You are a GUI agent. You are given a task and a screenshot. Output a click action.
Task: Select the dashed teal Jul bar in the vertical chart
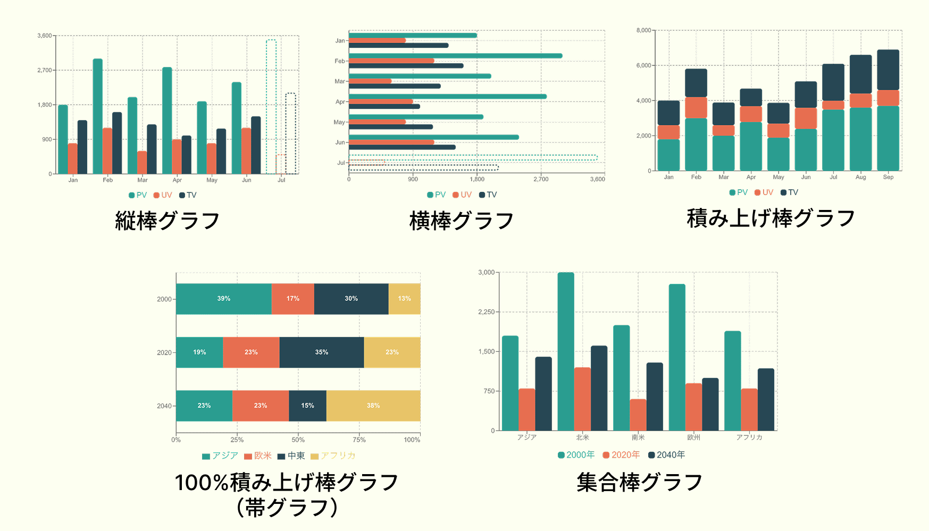(x=271, y=106)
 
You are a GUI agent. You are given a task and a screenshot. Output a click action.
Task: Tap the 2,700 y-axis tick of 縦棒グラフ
(x=45, y=70)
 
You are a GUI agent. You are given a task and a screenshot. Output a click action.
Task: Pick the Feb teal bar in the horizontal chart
(x=455, y=56)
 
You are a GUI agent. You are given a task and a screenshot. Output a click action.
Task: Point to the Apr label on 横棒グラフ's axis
(x=340, y=102)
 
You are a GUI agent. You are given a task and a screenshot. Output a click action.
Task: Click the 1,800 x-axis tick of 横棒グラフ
(x=477, y=179)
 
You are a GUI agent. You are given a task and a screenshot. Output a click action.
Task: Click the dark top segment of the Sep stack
(x=888, y=70)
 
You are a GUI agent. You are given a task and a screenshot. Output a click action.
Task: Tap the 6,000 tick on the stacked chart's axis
(x=643, y=65)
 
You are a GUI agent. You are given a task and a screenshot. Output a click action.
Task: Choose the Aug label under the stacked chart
(x=860, y=177)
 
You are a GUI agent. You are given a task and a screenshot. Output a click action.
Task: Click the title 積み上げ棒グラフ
(x=771, y=218)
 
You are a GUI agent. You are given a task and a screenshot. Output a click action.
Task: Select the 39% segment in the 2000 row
(x=224, y=299)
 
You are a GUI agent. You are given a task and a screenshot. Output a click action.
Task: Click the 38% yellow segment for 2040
(x=373, y=406)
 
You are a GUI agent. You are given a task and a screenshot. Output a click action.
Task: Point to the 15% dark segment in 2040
(x=307, y=406)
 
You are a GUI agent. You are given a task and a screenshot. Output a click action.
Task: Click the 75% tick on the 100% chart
(x=359, y=440)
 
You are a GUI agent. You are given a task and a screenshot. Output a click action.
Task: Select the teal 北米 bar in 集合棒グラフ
(x=566, y=351)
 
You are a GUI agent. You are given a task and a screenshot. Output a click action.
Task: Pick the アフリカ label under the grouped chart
(x=749, y=437)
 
